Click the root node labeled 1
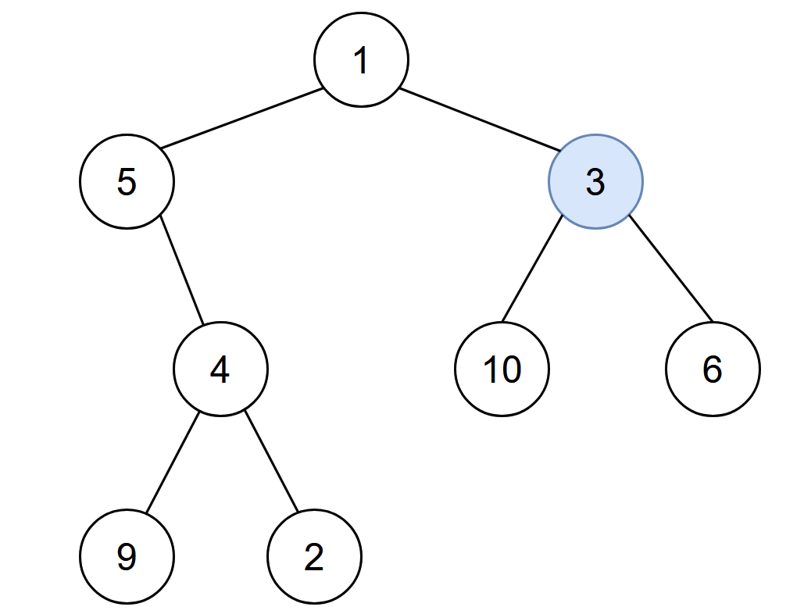361,60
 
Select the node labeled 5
127,181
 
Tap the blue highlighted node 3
595,181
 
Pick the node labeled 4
220,369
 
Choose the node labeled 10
502,369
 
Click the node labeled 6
713,369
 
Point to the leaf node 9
127,556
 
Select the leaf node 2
314,556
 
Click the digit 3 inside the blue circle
595,182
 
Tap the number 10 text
502,369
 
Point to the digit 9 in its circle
127,557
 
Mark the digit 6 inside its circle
713,369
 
